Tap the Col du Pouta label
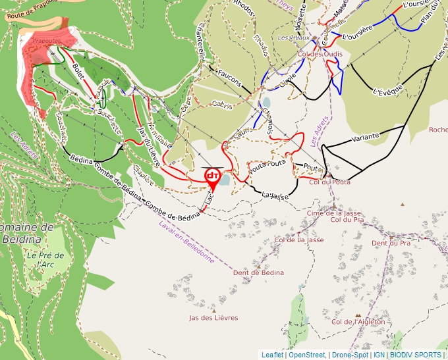click(x=329, y=182)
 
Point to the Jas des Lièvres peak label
click(x=213, y=318)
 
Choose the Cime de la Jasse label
click(x=334, y=213)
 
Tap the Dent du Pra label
click(x=391, y=243)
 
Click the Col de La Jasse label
click(x=299, y=240)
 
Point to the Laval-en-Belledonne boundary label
click(x=186, y=242)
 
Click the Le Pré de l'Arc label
click(x=46, y=259)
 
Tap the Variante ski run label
click(x=365, y=137)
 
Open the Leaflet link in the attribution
click(x=273, y=355)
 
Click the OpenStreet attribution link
click(x=307, y=355)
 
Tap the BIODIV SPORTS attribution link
click(x=415, y=355)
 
